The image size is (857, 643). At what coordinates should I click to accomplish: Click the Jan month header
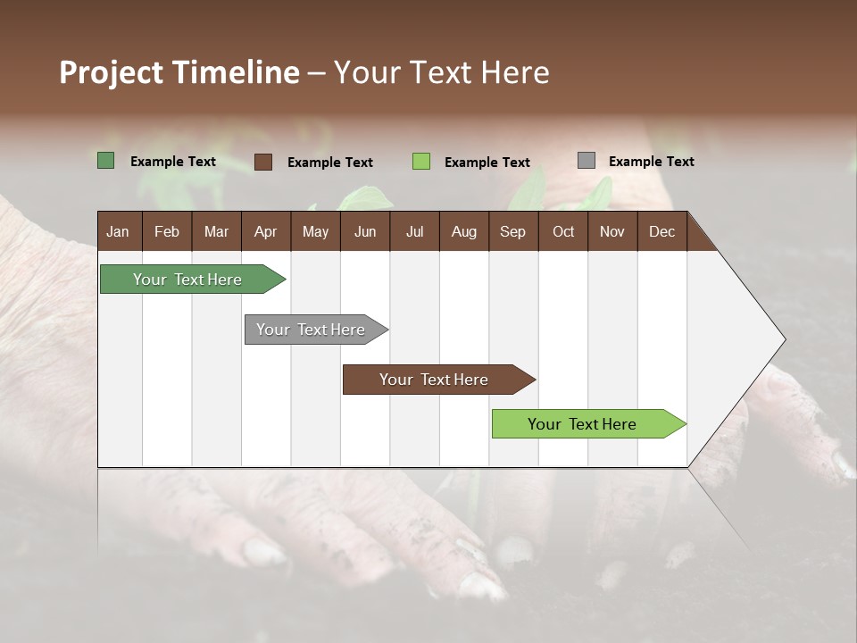[x=118, y=231]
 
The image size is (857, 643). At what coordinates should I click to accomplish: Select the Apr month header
[x=265, y=231]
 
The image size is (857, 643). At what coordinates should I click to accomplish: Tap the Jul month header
[x=414, y=231]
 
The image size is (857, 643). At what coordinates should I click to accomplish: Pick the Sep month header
[x=512, y=231]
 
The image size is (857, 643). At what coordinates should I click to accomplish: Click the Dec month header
[x=661, y=231]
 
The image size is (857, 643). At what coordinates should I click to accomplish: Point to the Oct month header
[x=563, y=231]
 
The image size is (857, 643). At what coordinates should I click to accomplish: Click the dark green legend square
[x=105, y=161]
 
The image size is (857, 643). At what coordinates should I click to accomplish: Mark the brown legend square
[x=262, y=162]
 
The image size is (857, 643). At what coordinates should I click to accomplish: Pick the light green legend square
[x=421, y=162]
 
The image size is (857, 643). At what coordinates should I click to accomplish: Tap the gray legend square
[x=587, y=161]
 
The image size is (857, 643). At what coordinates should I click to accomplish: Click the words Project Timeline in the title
[x=179, y=72]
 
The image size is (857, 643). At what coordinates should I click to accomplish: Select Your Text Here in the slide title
[x=441, y=72]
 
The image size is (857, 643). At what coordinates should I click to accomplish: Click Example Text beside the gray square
[x=651, y=162]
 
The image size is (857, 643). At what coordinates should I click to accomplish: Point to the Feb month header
[x=167, y=231]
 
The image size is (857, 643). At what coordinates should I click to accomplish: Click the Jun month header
[x=365, y=231]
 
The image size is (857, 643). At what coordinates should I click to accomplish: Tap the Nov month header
[x=612, y=231]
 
